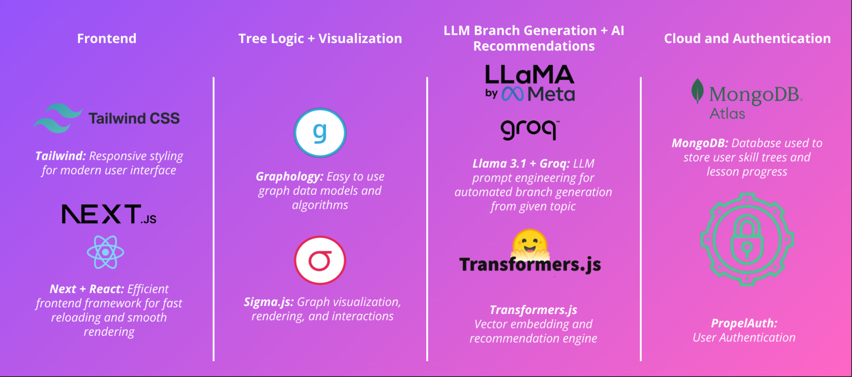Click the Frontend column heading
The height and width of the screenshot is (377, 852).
coord(106,38)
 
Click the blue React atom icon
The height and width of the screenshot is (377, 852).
coord(105,252)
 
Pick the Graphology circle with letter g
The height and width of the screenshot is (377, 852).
coord(320,133)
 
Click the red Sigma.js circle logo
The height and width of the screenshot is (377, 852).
coord(320,260)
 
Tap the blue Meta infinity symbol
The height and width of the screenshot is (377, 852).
coord(512,94)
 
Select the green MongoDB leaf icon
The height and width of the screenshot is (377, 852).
coord(697,91)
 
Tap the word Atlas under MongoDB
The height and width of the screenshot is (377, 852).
coord(727,114)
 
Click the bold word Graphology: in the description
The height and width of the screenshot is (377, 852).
coord(289,177)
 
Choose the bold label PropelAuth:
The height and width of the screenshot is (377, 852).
coord(744,323)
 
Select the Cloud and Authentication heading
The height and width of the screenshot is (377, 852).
coord(747,38)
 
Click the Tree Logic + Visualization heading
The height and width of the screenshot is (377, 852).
coord(320,38)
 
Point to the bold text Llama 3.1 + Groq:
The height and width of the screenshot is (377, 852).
coord(521,163)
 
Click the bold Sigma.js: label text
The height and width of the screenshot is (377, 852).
coord(268,302)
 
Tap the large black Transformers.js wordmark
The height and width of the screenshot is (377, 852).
coord(530,265)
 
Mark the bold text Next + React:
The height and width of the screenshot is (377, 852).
coord(87,289)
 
